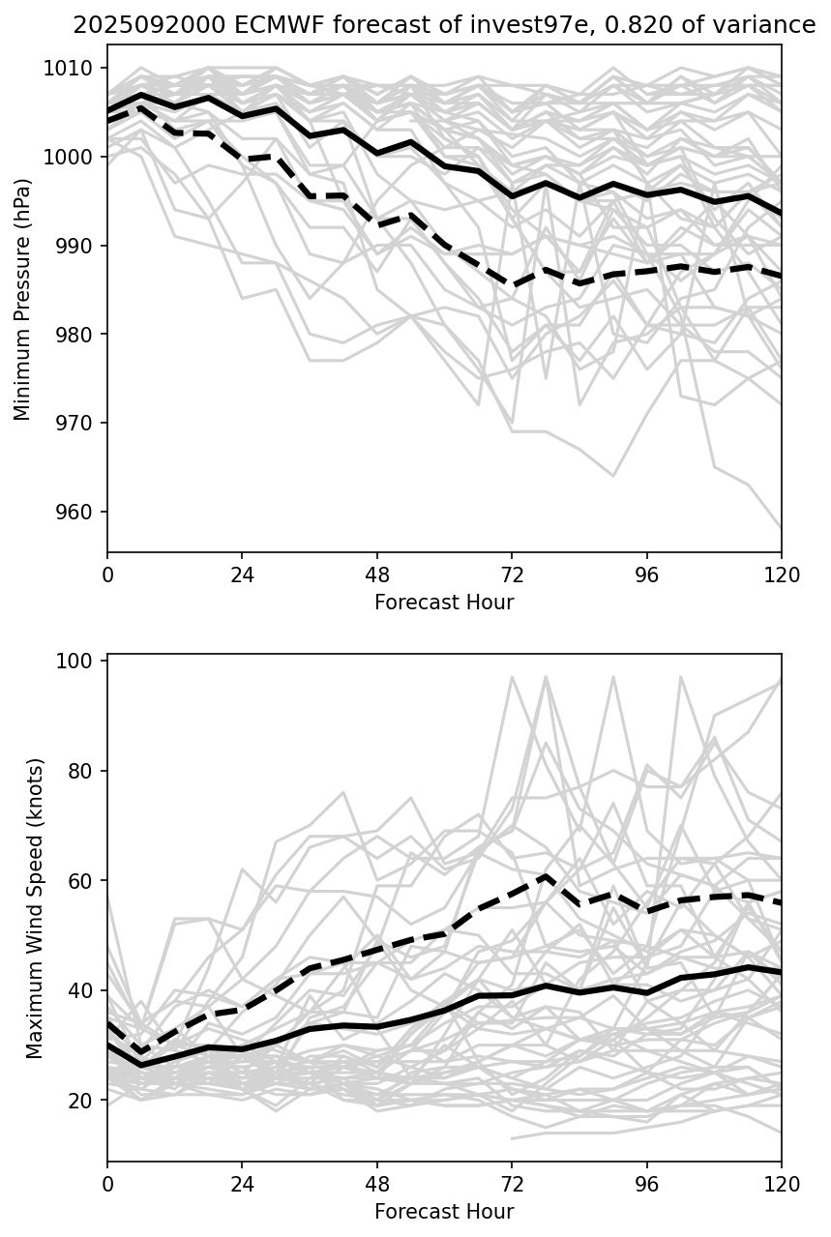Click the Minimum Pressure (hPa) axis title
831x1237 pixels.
click(23, 299)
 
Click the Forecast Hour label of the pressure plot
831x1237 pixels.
click(444, 603)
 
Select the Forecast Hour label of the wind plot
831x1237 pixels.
click(444, 1212)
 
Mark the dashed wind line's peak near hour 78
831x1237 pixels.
click(546, 876)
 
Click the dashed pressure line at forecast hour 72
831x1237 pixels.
click(512, 286)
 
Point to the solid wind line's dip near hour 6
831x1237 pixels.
click(141, 1065)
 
